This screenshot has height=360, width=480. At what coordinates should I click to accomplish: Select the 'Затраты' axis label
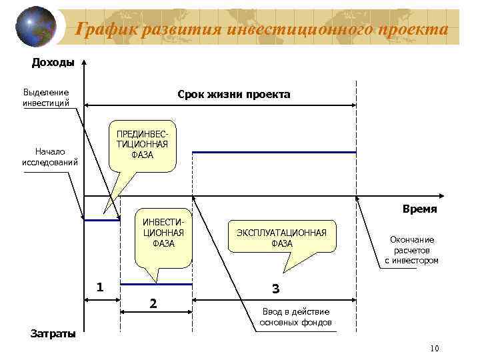(53, 333)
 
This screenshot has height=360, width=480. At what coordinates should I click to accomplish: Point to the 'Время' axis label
(420, 209)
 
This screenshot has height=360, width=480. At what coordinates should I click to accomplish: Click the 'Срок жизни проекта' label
(233, 95)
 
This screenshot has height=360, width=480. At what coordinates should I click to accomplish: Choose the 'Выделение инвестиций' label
(46, 97)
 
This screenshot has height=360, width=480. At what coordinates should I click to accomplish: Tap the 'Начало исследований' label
(49, 156)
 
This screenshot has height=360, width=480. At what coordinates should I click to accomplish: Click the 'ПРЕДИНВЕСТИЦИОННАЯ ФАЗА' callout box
(142, 143)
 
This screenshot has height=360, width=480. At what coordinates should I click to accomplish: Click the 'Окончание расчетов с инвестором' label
(411, 250)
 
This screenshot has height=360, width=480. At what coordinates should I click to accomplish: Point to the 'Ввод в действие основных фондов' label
(295, 317)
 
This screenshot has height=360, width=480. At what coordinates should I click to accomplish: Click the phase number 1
(99, 288)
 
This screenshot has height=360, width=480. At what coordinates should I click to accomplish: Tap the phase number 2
(153, 304)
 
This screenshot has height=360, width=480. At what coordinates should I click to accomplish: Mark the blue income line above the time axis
(273, 153)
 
